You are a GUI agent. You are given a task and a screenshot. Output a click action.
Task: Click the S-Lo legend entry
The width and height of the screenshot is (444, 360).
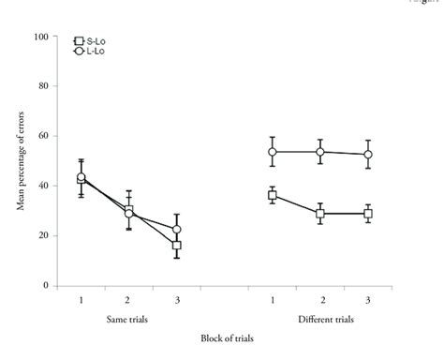87,41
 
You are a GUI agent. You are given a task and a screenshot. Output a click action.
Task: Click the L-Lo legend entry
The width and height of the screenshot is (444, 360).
87,50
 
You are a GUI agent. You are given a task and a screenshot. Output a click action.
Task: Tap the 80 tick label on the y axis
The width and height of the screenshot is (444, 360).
41,86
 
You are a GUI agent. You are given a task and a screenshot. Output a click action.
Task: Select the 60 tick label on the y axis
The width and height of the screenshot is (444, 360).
41,136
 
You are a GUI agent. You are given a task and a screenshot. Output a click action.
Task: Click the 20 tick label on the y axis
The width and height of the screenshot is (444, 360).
41,235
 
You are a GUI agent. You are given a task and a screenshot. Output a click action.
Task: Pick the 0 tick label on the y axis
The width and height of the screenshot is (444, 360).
44,285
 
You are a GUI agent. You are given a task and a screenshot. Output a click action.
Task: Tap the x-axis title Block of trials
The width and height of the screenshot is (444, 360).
225,337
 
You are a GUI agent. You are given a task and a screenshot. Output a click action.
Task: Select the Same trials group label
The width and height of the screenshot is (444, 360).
128,319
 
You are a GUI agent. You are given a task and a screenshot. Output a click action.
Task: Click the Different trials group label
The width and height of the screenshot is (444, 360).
320,319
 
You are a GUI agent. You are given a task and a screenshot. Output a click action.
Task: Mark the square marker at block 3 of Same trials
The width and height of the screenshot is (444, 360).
176,246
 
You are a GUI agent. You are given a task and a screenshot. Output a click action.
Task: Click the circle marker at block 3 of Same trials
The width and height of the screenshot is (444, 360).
176,229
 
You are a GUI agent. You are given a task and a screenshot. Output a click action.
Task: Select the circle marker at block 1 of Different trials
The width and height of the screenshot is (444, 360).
273,152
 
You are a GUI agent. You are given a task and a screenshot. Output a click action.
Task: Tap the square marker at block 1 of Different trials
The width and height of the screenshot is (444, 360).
273,195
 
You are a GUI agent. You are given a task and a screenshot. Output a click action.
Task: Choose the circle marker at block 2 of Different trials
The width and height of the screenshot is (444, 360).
320,152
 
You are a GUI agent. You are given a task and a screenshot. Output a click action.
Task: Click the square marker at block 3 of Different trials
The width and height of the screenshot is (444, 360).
368,214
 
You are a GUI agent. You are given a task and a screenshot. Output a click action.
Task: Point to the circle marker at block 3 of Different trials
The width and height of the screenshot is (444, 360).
368,155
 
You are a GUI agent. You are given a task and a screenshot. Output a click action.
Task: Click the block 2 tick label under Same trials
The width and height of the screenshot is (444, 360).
128,299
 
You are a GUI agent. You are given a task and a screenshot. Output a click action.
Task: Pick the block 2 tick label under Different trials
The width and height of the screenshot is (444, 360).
320,299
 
